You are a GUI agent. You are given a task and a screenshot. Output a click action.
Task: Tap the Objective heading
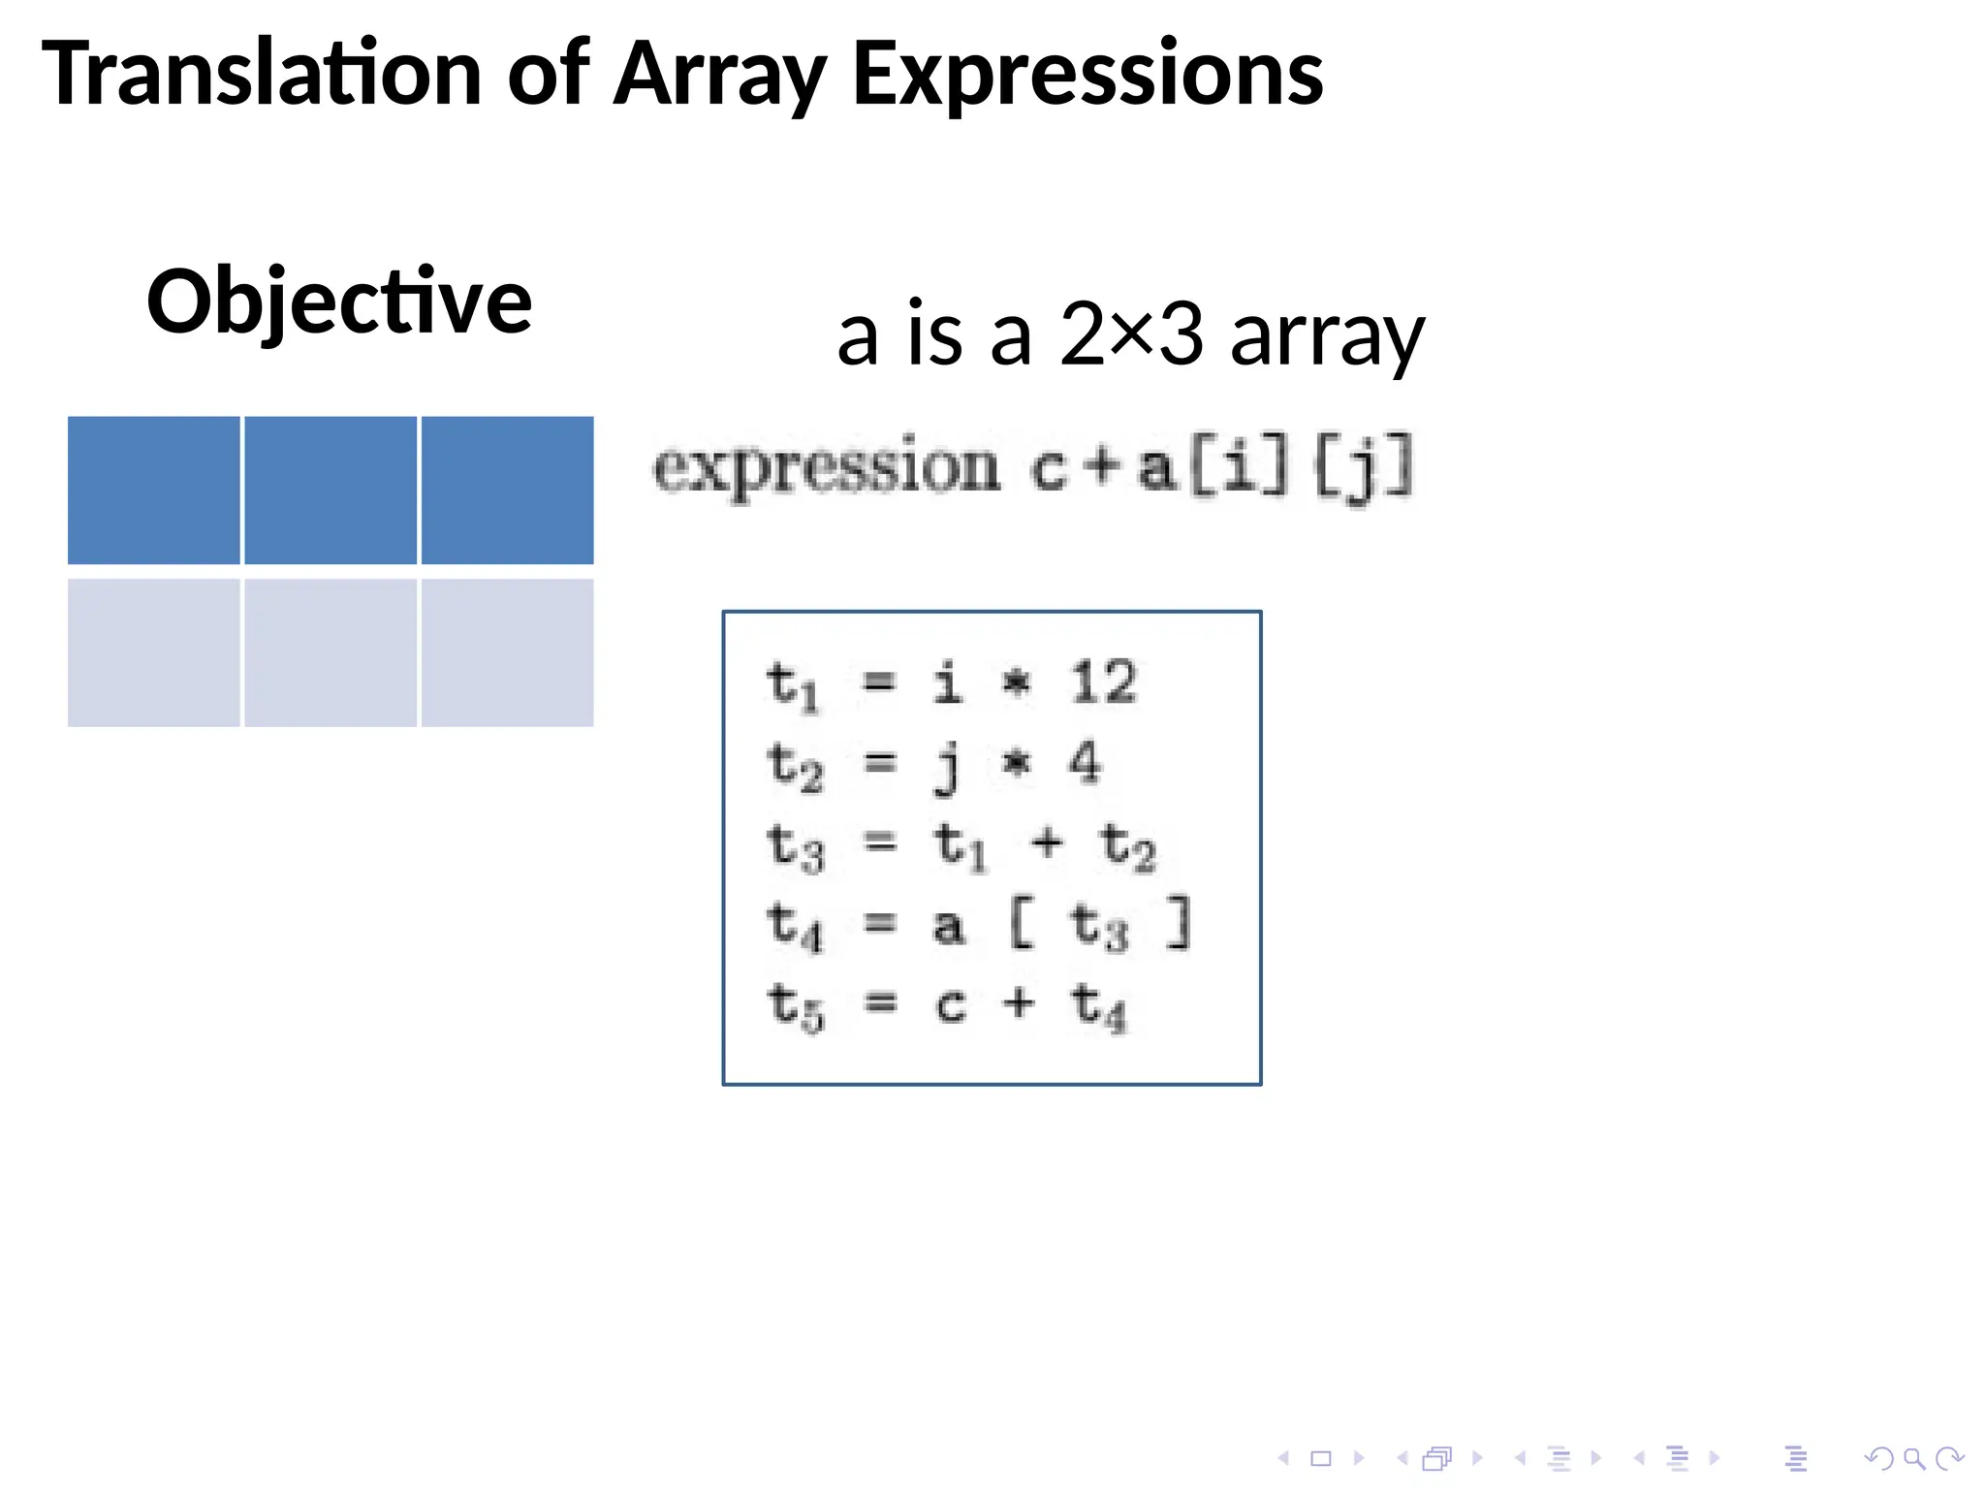tap(339, 302)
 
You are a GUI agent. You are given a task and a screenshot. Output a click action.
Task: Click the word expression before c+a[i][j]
tap(826, 469)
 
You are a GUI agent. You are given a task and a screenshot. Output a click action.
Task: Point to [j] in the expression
tap(1363, 469)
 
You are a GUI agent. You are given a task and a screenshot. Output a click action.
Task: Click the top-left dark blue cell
tap(154, 491)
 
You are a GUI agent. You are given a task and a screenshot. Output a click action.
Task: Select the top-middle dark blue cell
tap(331, 491)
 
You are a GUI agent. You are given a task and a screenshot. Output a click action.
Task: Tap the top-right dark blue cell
tap(507, 491)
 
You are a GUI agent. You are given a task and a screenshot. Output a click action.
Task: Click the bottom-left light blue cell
tap(154, 652)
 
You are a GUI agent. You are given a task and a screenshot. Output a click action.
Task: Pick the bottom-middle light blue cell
tap(331, 652)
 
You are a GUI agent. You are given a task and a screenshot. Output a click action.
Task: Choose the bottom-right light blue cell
tap(507, 652)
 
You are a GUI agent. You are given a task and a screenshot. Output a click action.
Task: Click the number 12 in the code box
tap(1104, 682)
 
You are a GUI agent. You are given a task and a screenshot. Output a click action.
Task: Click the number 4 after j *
tap(1085, 762)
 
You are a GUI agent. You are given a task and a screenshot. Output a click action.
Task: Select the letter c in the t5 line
tap(951, 1004)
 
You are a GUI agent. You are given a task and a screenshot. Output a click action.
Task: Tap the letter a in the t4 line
tap(948, 926)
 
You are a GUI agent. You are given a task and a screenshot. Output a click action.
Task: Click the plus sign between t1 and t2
tap(1047, 842)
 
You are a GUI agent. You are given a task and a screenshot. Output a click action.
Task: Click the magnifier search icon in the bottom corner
tap(1913, 1458)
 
